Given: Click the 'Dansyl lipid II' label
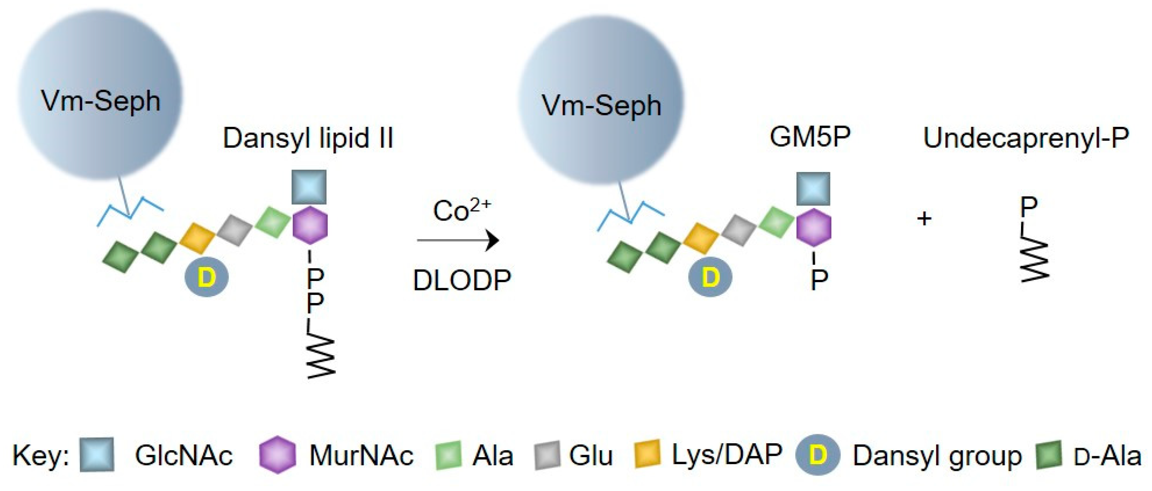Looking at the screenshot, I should tap(308, 139).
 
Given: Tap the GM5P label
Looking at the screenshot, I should tap(810, 137).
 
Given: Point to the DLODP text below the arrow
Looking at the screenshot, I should tap(462, 281).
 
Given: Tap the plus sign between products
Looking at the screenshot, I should tap(924, 219).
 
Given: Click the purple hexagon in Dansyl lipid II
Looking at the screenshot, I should tap(310, 225).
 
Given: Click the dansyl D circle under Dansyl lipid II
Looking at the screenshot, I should tap(206, 278).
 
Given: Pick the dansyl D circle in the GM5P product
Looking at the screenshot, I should tap(710, 278).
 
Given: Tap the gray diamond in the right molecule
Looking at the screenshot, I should tap(738, 230).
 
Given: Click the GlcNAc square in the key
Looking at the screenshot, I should tap(97, 455).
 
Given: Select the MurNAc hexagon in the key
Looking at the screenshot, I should tap(278, 455).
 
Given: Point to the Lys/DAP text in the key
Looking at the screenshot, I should tap(727, 455).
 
